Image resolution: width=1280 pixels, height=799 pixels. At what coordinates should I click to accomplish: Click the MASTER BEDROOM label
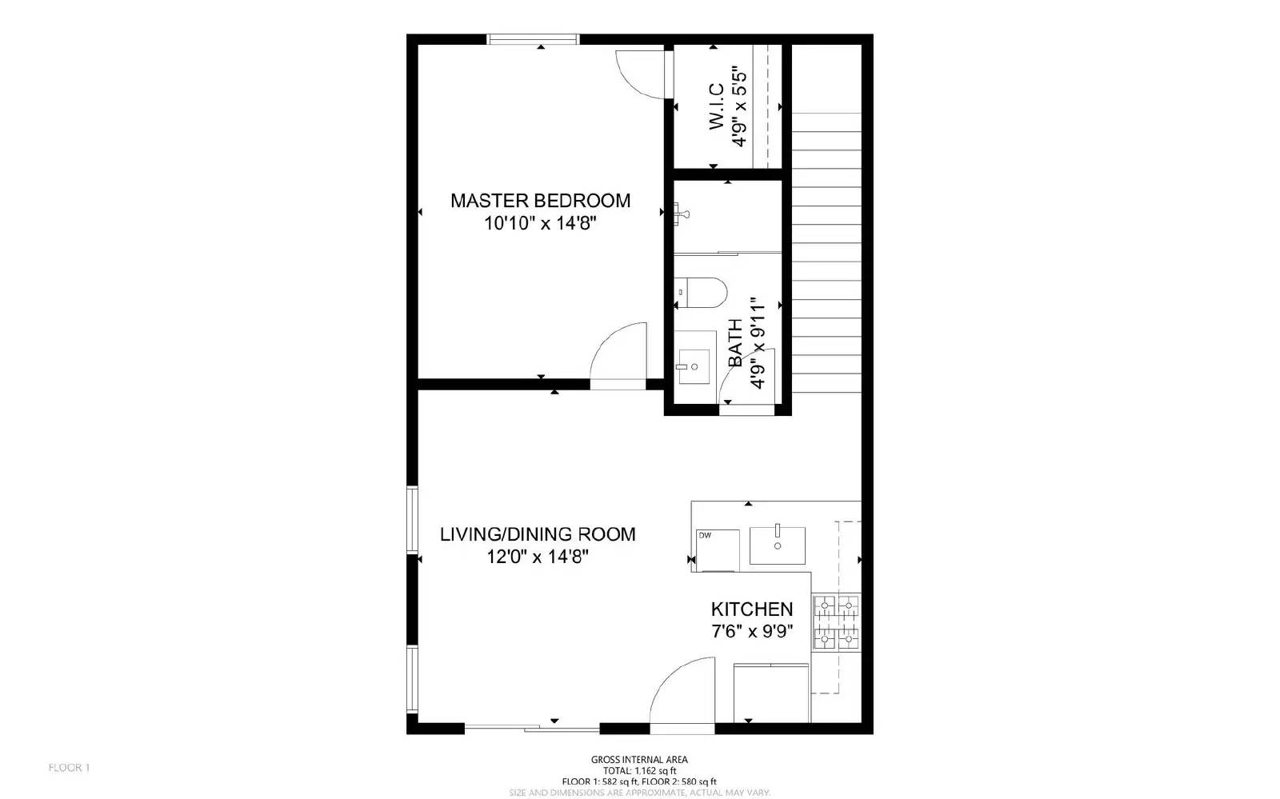(x=540, y=200)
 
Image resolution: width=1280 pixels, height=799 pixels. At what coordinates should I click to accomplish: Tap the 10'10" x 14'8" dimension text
(x=540, y=223)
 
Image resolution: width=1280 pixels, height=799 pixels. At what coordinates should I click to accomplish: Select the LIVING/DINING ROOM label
(x=538, y=533)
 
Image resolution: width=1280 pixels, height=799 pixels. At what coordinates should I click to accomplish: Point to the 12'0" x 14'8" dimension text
(x=538, y=557)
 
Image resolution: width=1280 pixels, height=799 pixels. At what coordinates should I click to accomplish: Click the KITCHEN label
(x=752, y=609)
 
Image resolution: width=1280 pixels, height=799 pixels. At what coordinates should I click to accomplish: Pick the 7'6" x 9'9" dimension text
(x=752, y=632)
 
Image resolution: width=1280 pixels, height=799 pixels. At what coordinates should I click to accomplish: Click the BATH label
(x=735, y=344)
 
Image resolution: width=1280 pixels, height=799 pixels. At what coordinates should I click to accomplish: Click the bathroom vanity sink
(x=694, y=366)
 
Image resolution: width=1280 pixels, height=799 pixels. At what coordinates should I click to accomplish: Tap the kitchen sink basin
(x=777, y=545)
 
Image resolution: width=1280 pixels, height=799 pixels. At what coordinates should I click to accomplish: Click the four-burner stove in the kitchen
(x=836, y=622)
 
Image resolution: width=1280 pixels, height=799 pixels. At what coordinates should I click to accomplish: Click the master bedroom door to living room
(x=618, y=356)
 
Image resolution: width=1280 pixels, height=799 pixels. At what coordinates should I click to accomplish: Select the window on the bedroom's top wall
(x=533, y=39)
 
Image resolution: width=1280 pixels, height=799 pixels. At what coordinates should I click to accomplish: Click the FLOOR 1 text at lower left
(x=69, y=768)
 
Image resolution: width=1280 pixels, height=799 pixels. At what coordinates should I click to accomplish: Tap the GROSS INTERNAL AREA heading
(x=639, y=760)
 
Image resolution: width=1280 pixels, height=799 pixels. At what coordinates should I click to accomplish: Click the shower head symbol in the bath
(x=682, y=213)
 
